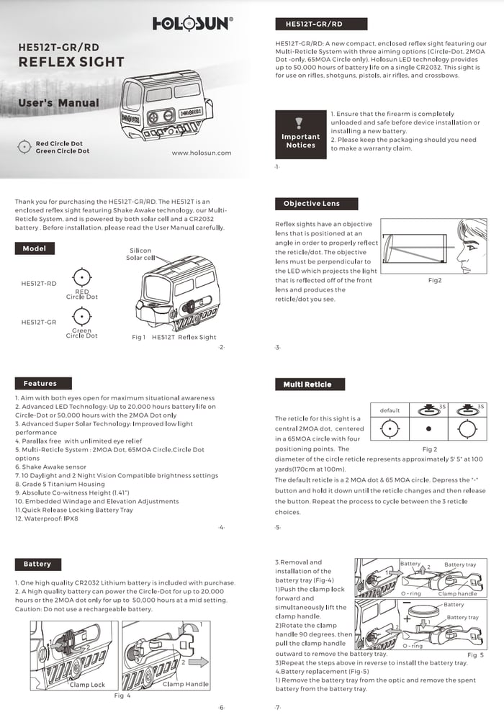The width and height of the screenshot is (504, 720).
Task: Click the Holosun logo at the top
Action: (192, 24)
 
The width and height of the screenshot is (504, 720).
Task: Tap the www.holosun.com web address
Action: (202, 153)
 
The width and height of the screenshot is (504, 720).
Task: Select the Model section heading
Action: (34, 248)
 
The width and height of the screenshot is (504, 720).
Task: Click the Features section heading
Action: (40, 384)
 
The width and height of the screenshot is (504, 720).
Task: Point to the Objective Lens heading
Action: (311, 204)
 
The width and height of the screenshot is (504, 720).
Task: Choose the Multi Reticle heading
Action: (307, 384)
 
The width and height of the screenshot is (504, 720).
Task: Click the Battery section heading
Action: (37, 564)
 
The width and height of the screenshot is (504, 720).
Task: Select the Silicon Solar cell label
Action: (140, 253)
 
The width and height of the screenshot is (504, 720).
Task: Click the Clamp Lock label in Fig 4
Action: (87, 685)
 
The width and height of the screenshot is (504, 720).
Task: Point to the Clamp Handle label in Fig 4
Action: (186, 684)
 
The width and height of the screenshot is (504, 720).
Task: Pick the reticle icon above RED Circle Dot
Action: (82, 276)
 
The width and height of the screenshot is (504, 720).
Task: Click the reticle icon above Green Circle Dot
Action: (82, 317)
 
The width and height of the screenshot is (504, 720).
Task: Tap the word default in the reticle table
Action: (390, 410)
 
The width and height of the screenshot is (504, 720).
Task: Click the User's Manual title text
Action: (58, 103)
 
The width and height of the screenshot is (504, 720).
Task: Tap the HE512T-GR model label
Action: (39, 322)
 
